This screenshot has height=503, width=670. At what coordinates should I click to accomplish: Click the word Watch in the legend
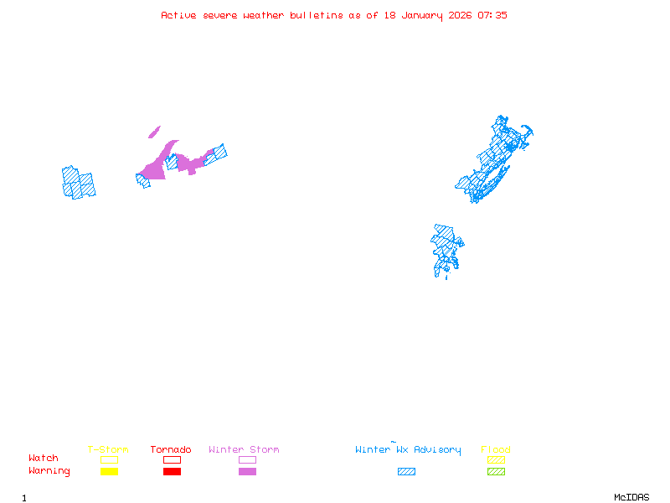pyautogui.click(x=44, y=459)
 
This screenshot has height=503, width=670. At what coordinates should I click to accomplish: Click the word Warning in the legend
pyautogui.click(x=49, y=471)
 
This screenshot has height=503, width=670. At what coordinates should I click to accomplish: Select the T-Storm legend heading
pyautogui.click(x=108, y=450)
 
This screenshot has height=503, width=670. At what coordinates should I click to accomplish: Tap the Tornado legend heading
pyautogui.click(x=171, y=450)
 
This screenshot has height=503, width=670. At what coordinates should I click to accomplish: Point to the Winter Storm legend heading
pyautogui.click(x=244, y=450)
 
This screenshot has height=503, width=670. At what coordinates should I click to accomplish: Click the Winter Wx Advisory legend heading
pyautogui.click(x=408, y=450)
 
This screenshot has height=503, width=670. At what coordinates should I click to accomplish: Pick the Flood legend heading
pyautogui.click(x=496, y=450)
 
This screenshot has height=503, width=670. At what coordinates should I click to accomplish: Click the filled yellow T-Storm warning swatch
pyautogui.click(x=109, y=472)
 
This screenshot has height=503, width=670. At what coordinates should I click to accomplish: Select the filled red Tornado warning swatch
pyautogui.click(x=172, y=472)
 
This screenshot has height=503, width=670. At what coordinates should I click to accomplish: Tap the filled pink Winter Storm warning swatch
pyautogui.click(x=247, y=472)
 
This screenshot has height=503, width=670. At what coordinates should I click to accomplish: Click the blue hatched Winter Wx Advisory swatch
pyautogui.click(x=406, y=472)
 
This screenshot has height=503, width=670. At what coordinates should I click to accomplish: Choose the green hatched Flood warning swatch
pyautogui.click(x=496, y=472)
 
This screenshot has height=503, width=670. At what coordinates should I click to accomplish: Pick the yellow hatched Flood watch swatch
pyautogui.click(x=496, y=459)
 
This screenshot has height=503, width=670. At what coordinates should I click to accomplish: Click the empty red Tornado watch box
pyautogui.click(x=172, y=459)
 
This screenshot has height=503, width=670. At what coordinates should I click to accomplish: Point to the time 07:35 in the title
pyautogui.click(x=492, y=15)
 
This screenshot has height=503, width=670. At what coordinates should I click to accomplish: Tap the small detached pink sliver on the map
pyautogui.click(x=154, y=132)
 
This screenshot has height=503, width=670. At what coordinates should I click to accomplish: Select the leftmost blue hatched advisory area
pyautogui.click(x=78, y=182)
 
